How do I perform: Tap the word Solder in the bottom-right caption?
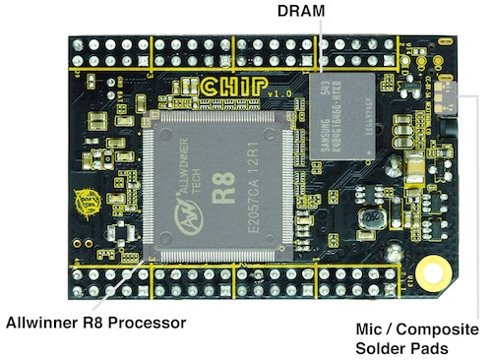[x=380, y=348]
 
